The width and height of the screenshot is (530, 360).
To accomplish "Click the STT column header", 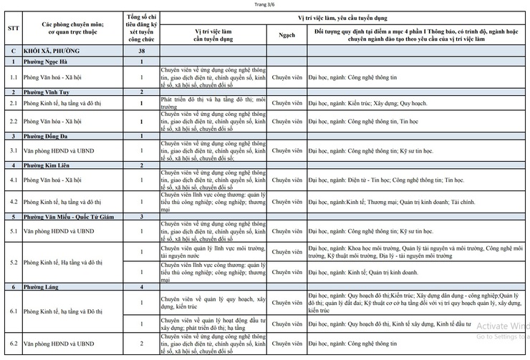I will tap(13, 29).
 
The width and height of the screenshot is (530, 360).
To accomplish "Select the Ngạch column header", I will tap(287, 34).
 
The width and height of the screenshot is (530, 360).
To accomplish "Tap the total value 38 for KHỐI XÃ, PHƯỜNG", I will tap(142, 52).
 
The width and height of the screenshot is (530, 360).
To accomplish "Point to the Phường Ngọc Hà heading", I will tap(44, 63).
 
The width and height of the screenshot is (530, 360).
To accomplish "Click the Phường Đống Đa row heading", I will tap(45, 135).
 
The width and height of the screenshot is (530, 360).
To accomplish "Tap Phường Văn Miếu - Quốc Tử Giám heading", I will tap(67, 215).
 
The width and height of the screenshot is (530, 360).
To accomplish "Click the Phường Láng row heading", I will tap(39, 286).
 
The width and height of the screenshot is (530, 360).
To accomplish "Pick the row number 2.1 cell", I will tap(13, 103).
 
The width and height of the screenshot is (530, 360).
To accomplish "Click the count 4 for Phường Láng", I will tap(142, 286).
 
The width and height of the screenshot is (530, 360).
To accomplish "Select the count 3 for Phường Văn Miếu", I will tap(142, 215).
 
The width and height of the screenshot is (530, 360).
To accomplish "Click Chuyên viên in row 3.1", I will tap(287, 150).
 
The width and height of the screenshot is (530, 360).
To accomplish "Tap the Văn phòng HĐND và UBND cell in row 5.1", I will tap(59, 230).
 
